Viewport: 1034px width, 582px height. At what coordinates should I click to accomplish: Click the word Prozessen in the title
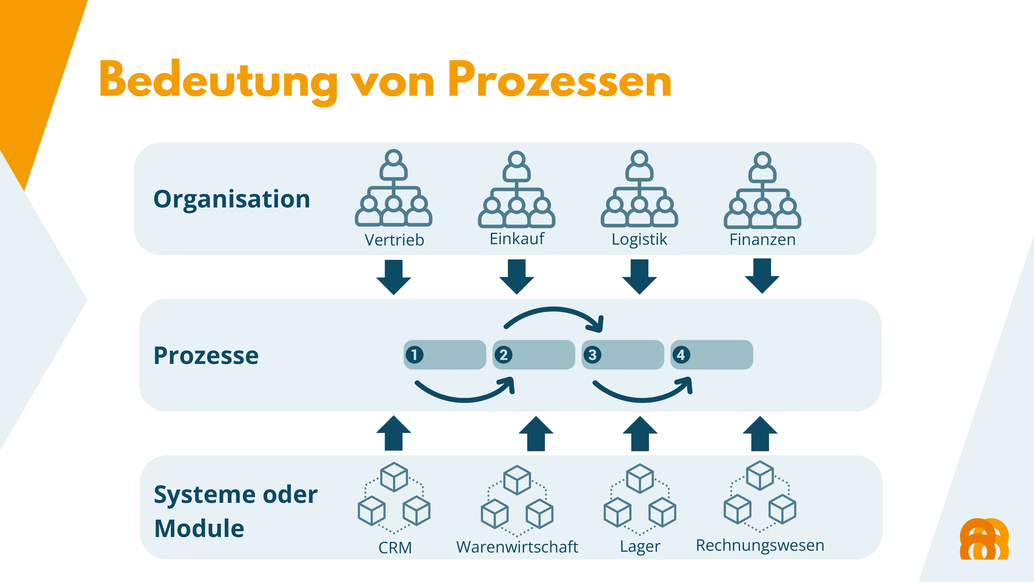click(x=560, y=80)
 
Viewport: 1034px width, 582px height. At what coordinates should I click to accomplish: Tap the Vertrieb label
click(x=394, y=240)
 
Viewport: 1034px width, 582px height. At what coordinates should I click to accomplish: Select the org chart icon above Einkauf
click(x=516, y=189)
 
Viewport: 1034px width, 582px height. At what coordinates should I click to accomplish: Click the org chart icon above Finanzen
click(x=762, y=190)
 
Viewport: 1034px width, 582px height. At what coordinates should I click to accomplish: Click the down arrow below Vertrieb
click(x=394, y=277)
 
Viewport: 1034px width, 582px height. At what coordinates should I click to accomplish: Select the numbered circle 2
click(x=503, y=355)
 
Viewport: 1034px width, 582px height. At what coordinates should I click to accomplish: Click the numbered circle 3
click(x=592, y=355)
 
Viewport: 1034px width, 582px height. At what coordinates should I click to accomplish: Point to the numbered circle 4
click(x=681, y=355)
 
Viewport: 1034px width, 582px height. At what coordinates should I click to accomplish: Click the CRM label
click(x=395, y=547)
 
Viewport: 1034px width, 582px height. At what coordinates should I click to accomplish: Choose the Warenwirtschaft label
click(x=517, y=547)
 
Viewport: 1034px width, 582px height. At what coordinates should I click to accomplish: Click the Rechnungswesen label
click(x=760, y=545)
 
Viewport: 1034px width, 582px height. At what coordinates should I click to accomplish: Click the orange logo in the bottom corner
click(x=984, y=539)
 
